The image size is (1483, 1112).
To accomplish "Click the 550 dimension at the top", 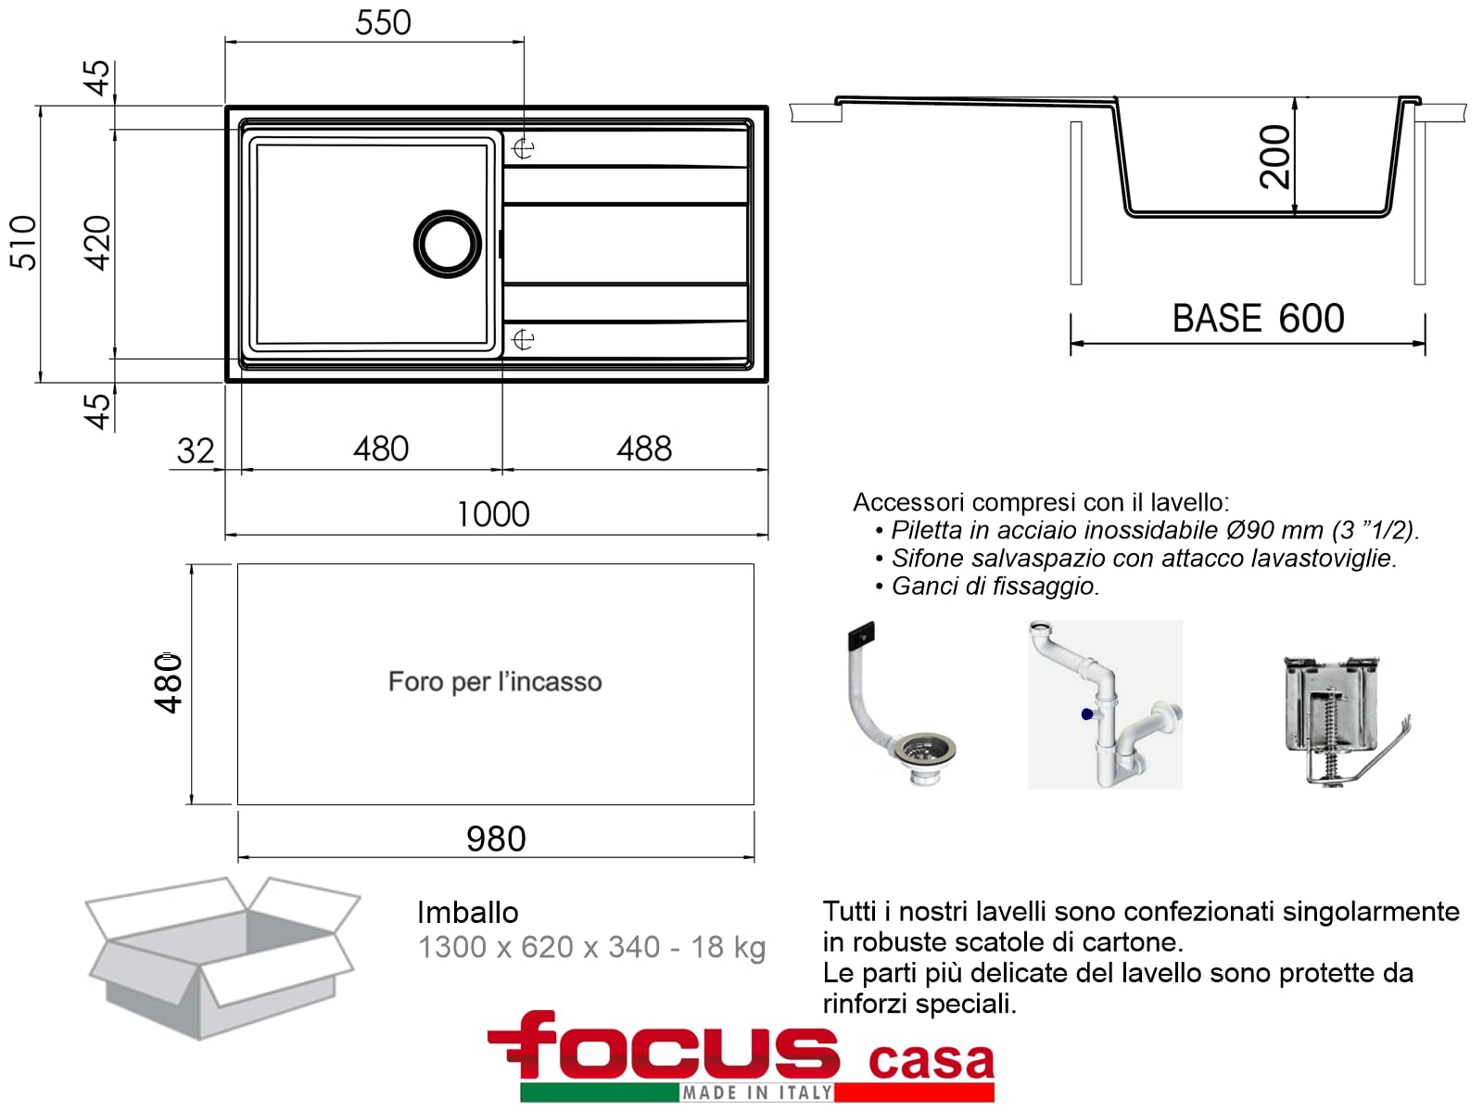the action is pyautogui.click(x=383, y=22).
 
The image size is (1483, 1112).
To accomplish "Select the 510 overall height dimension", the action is pyautogui.click(x=24, y=243).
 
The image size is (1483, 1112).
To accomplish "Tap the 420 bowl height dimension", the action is pyautogui.click(x=97, y=243).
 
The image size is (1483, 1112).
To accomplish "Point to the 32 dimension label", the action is pyautogui.click(x=196, y=450).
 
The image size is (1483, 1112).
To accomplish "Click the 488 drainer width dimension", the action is pyautogui.click(x=644, y=449).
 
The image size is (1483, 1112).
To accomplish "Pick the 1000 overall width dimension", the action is pyautogui.click(x=493, y=514).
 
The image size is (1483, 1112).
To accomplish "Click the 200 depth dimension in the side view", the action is pyautogui.click(x=1274, y=157).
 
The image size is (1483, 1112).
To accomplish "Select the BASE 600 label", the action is pyautogui.click(x=1258, y=318).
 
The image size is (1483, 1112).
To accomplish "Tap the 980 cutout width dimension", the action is pyautogui.click(x=496, y=840).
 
